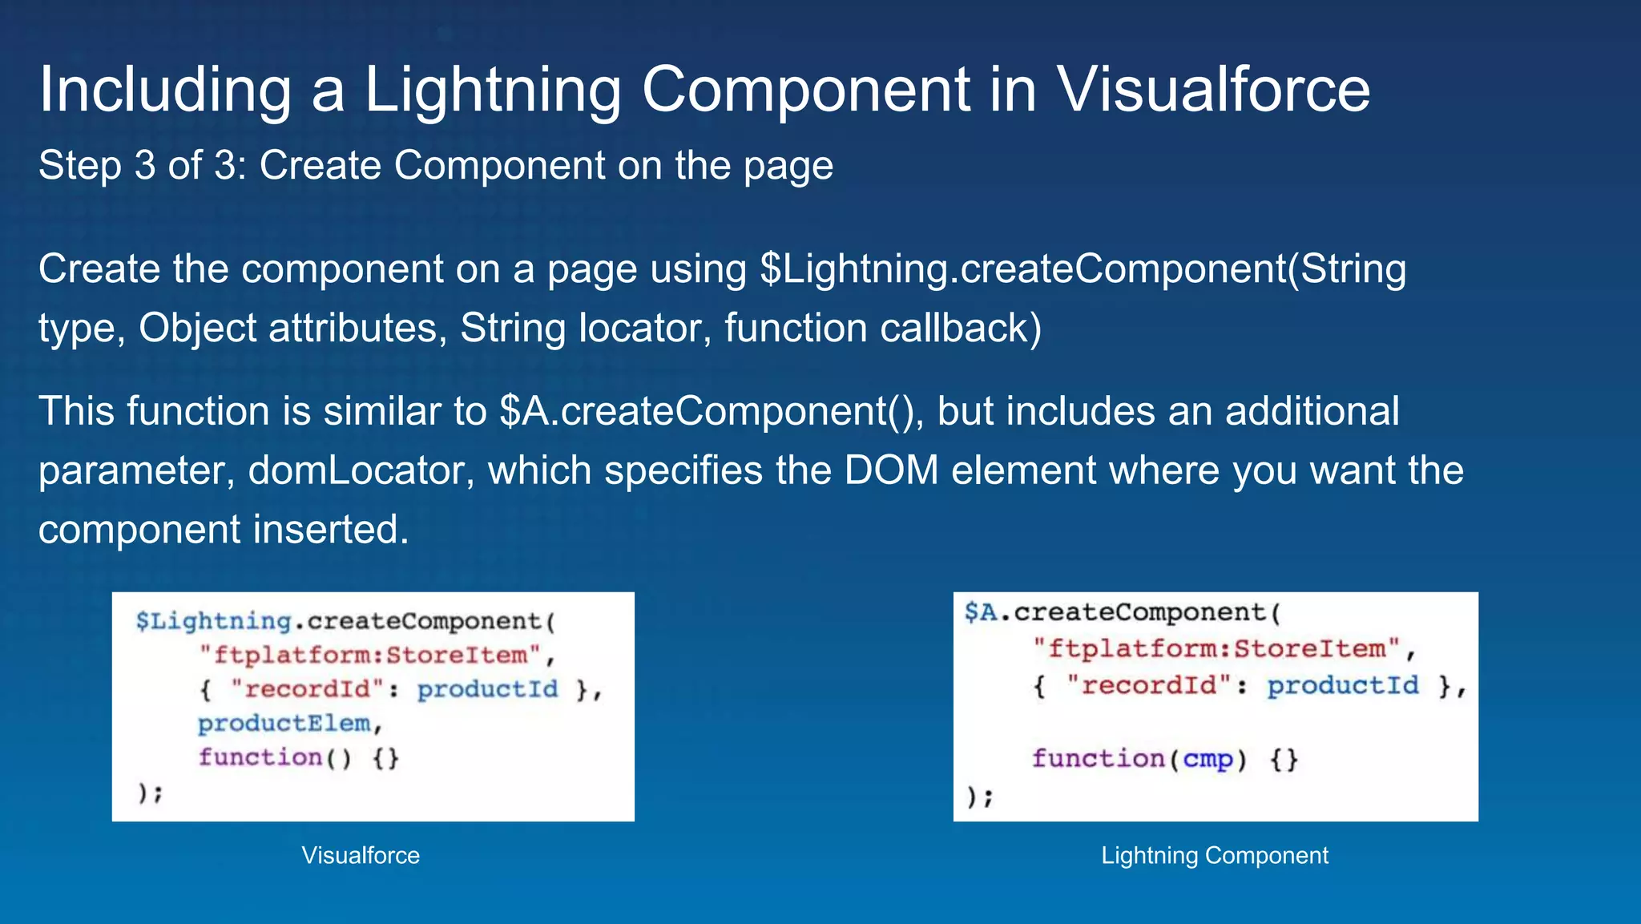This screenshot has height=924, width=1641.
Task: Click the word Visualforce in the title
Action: coord(1213,89)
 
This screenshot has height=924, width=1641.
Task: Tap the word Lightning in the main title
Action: coord(492,89)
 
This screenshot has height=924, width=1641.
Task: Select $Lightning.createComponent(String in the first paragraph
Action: coord(1083,268)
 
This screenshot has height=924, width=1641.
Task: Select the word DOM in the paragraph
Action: coord(891,470)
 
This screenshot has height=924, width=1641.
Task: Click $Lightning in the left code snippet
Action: coord(213,621)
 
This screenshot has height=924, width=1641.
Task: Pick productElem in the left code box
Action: coord(284,724)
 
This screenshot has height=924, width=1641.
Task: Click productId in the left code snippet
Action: coord(487,689)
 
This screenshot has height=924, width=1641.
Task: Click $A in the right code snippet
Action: coord(981,612)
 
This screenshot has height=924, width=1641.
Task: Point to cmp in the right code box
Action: coord(1208,758)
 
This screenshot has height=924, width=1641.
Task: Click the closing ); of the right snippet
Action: coord(979,797)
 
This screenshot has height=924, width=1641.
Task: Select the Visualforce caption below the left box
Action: coord(361,855)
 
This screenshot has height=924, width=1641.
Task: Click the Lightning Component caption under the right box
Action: coord(1215,855)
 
